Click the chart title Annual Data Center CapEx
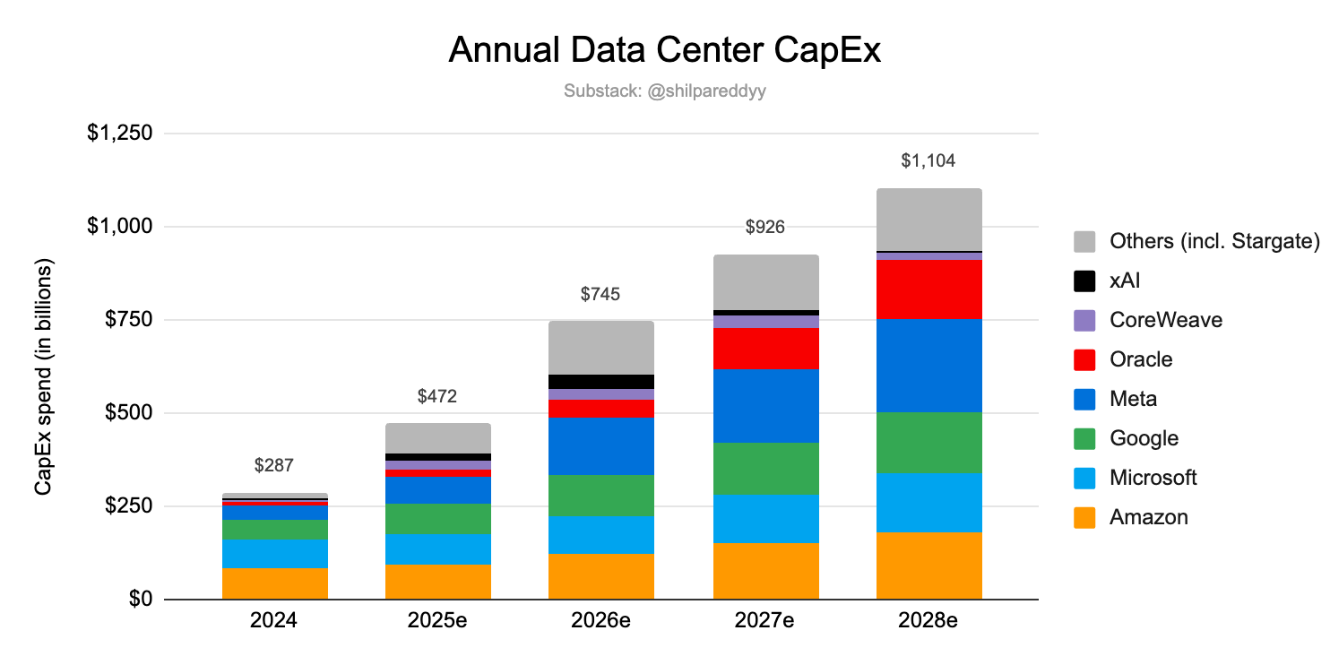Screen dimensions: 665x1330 click(664, 51)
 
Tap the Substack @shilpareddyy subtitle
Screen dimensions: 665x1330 click(664, 91)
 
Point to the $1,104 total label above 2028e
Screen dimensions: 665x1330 click(928, 161)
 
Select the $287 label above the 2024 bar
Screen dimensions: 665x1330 click(274, 465)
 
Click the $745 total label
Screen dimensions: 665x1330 click(600, 294)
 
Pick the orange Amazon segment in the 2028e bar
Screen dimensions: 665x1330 click(928, 566)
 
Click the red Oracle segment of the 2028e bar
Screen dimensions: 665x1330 click(928, 289)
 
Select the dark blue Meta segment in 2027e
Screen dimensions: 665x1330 click(765, 405)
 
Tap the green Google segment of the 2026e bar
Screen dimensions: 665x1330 click(600, 495)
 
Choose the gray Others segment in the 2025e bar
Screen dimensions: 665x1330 click(437, 438)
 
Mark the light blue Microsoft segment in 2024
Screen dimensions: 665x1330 click(274, 553)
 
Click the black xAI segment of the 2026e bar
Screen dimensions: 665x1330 click(600, 381)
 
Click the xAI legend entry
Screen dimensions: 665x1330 click(1125, 281)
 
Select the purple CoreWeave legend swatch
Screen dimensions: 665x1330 click(1084, 320)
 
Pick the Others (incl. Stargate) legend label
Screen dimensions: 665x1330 click(1214, 241)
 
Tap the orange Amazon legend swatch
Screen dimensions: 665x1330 click(1084, 517)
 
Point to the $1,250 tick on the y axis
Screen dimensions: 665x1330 click(120, 134)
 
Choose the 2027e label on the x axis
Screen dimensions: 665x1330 click(765, 620)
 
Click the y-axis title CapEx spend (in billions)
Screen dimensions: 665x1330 click(44, 376)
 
